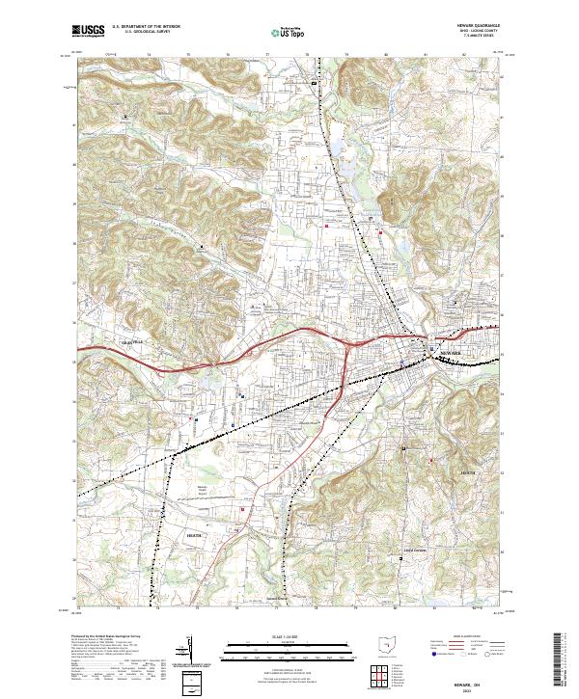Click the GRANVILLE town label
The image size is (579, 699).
click(x=130, y=342)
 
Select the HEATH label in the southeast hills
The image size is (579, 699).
click(x=468, y=473)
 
